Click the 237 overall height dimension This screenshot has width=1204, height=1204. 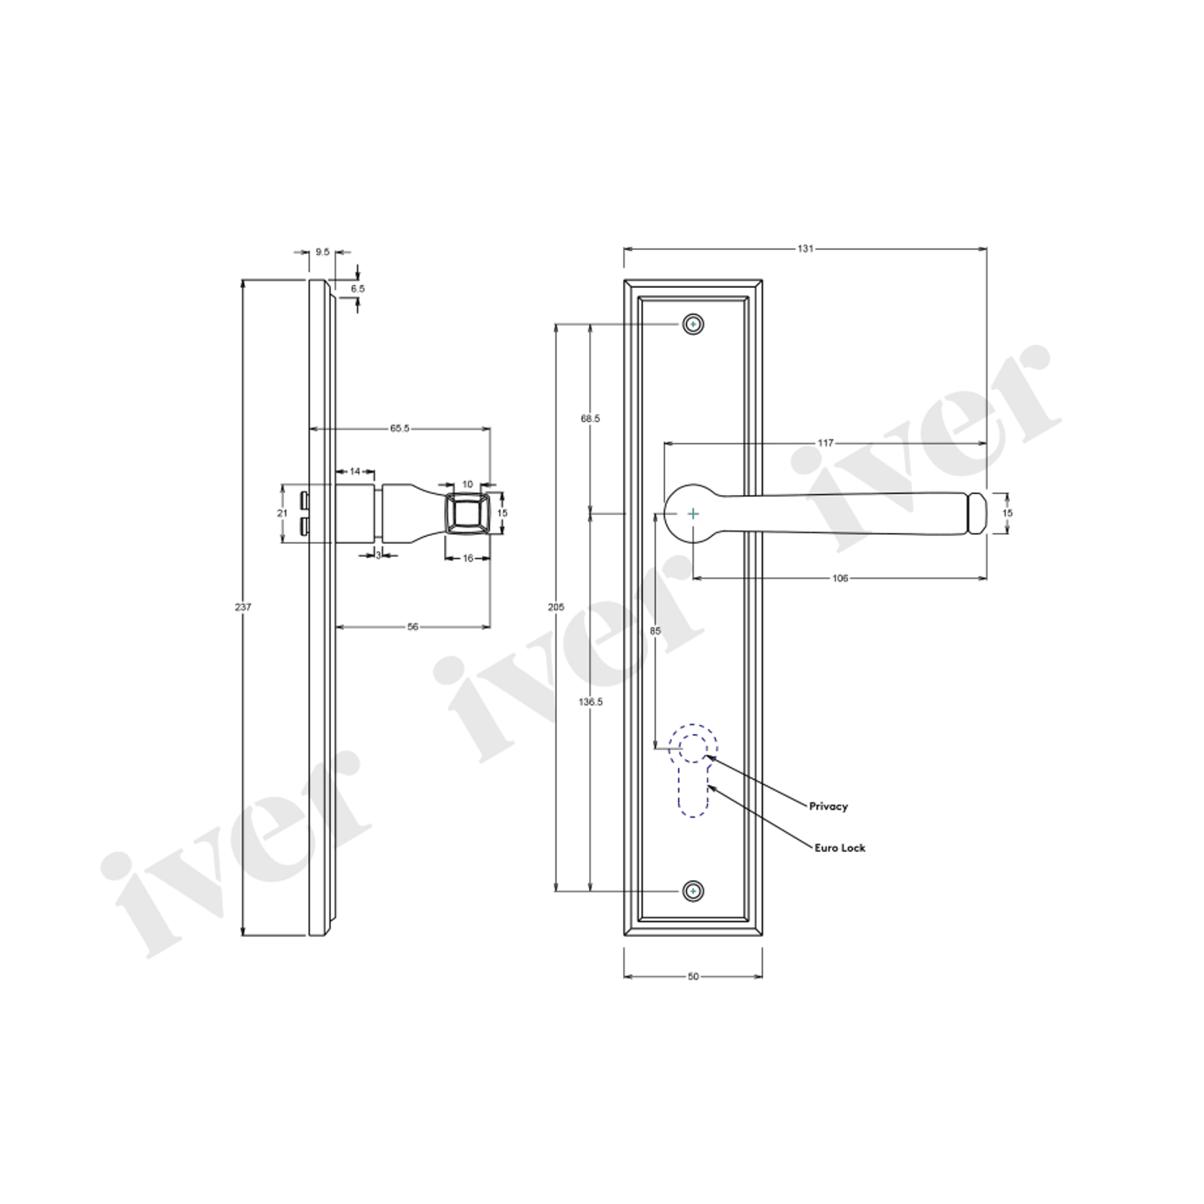point(243,607)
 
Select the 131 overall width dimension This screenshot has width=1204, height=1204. point(805,249)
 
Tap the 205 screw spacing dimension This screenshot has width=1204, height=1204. point(556,607)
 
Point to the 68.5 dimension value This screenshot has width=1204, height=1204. point(591,418)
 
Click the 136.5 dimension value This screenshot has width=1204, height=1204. point(591,702)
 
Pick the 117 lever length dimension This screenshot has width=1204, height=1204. point(825,443)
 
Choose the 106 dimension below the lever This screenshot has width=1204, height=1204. point(840,578)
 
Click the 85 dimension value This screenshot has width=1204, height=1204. point(655,631)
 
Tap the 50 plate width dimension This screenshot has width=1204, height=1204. point(693,976)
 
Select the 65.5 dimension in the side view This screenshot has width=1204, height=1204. point(399,429)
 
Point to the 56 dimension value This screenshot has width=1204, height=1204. point(412,626)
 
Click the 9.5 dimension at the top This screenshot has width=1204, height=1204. point(323,252)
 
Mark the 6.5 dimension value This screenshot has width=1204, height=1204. point(358,288)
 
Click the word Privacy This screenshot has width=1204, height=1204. point(828,806)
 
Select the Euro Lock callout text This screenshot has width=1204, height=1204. point(839,848)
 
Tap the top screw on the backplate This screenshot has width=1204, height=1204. point(693,325)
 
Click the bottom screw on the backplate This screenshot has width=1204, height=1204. point(693,892)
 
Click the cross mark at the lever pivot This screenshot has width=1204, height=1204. point(693,514)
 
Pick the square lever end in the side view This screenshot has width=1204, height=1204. point(468,513)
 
